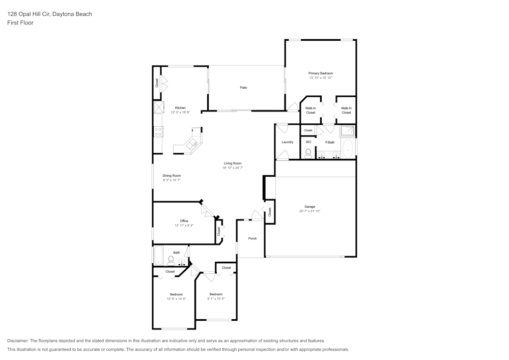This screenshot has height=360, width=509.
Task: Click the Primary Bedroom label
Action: [x=320, y=73]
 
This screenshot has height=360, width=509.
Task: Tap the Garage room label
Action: [x=309, y=207]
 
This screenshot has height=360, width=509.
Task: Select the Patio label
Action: [x=243, y=88]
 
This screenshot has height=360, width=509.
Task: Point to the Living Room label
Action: [x=233, y=163]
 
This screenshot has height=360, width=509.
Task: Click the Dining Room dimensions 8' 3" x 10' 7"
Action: [x=172, y=180]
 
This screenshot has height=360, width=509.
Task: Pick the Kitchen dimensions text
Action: [x=180, y=113]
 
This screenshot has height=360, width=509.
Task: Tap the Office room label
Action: [x=184, y=221]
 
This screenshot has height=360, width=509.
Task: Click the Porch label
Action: [x=252, y=239]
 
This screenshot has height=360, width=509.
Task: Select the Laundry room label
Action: [x=287, y=142]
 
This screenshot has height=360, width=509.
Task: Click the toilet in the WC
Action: [x=308, y=154]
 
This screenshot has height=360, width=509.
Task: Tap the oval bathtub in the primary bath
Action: [x=347, y=149]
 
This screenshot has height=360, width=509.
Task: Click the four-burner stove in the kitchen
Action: [x=158, y=131]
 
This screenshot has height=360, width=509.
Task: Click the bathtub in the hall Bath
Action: [x=158, y=256]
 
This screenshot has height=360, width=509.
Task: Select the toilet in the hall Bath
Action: [x=171, y=260]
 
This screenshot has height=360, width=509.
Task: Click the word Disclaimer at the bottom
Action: [x=17, y=341]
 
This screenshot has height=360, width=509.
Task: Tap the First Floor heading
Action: [x=20, y=23]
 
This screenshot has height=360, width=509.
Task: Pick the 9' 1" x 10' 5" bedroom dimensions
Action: [x=216, y=299]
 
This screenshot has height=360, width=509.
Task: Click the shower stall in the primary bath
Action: [x=347, y=131]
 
